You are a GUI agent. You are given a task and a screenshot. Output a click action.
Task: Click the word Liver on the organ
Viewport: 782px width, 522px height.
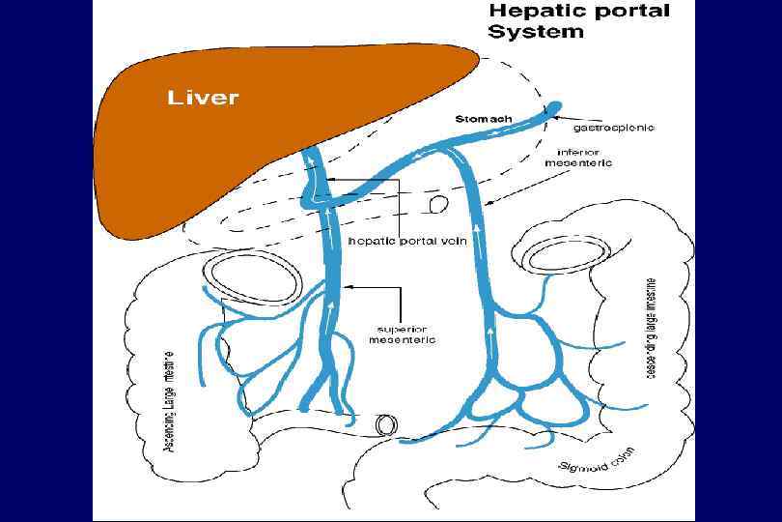point(203,98)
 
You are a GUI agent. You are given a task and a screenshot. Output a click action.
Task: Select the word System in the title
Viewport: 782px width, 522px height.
point(536,31)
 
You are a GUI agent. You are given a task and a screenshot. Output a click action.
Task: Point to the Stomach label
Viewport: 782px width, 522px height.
point(483,119)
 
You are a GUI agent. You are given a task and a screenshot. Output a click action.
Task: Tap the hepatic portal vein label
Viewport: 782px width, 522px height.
point(407,242)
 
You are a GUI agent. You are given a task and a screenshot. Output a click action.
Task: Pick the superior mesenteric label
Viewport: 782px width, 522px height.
point(405,333)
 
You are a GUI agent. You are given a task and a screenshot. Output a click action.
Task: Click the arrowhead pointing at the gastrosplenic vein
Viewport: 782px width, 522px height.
point(553,119)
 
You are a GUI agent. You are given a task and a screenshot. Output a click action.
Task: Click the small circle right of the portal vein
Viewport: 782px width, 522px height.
point(436,205)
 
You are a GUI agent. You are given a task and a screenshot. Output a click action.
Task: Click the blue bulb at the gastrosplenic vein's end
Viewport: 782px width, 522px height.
point(557,107)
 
